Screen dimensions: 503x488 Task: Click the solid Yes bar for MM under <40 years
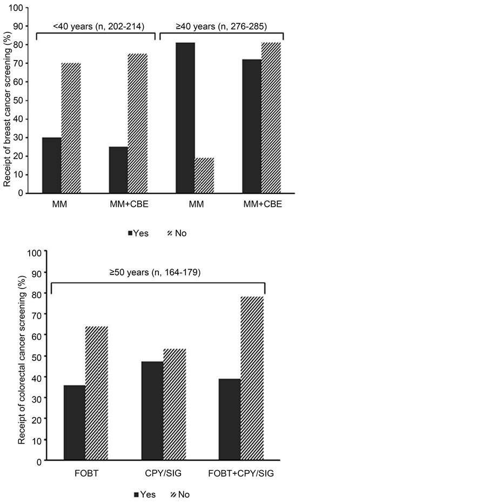tap(51, 165)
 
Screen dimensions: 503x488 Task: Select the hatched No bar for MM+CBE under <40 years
tap(137, 124)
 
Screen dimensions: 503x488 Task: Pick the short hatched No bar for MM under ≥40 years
tap(204, 176)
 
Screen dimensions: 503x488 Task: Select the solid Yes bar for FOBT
tap(75, 423)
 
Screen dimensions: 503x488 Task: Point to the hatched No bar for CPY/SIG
tap(175, 405)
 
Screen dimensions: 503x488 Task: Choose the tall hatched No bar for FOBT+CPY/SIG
tap(252, 379)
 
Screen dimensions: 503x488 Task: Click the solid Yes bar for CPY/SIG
tap(152, 411)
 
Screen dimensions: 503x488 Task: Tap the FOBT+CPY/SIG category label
tap(241, 474)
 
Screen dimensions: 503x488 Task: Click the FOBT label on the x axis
tap(86, 474)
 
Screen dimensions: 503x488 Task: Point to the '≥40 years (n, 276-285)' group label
tap(221, 25)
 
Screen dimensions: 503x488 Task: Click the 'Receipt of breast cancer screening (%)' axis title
tap(7, 102)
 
